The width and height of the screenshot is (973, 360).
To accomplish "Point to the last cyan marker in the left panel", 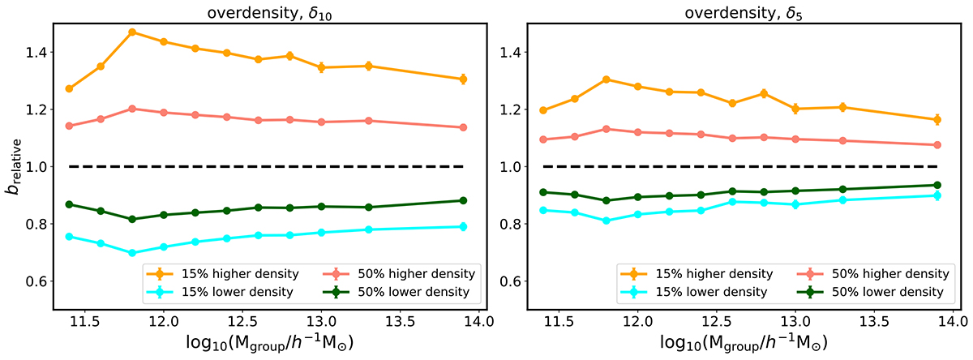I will point(463,226).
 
